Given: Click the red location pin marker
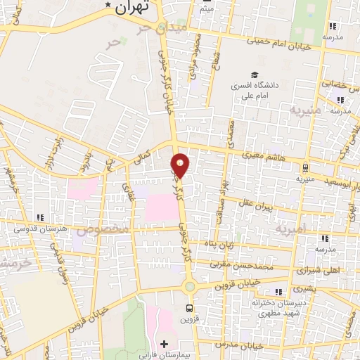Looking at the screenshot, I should (x=181, y=165).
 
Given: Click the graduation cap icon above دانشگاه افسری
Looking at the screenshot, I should (x=252, y=75).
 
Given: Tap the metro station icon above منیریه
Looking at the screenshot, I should (x=306, y=168).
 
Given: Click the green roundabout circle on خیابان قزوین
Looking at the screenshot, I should (x=189, y=286).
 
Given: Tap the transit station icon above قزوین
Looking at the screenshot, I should (x=189, y=308).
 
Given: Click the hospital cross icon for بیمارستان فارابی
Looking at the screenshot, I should (x=164, y=345).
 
